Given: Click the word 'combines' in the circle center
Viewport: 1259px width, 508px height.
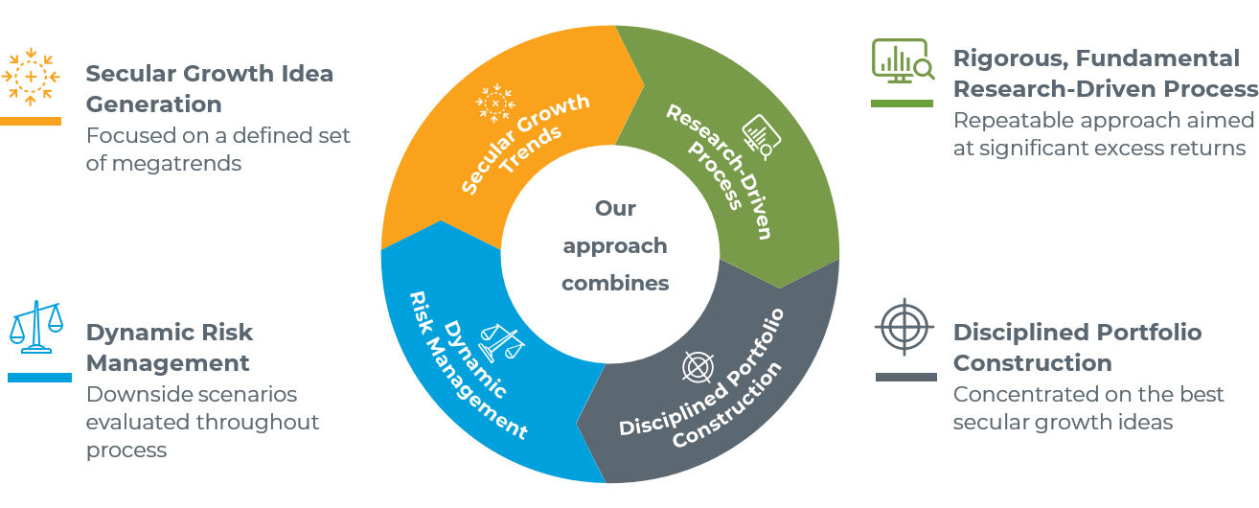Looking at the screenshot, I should (x=615, y=283).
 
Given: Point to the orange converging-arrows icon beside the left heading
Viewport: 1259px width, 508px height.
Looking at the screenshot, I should (x=32, y=76).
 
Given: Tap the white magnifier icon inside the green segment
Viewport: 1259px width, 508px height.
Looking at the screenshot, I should (x=762, y=137).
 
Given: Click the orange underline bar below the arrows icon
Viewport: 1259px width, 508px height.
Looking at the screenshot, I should (x=30, y=122).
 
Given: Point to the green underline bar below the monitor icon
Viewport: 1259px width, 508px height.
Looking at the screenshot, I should (x=902, y=102).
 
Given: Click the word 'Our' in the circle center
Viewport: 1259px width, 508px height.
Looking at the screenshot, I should (x=615, y=208).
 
